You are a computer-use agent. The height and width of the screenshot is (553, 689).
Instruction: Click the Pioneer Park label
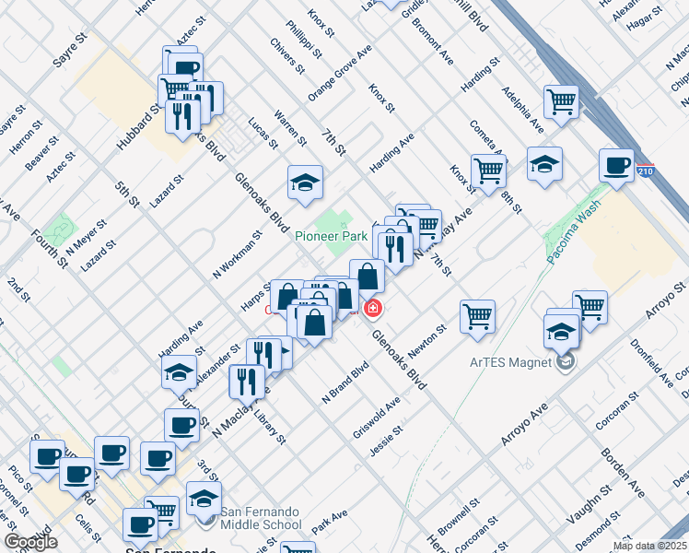(x=332, y=237)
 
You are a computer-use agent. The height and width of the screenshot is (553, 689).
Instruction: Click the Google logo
(x=31, y=542)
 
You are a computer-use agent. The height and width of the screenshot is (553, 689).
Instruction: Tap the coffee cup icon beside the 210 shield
(x=615, y=166)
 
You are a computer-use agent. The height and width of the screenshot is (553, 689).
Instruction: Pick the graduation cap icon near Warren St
(x=304, y=182)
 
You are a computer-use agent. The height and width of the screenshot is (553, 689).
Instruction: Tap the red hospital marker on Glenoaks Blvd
(x=373, y=308)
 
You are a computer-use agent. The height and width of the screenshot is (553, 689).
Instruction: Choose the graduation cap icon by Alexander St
(x=179, y=372)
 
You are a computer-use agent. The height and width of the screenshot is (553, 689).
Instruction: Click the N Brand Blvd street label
(x=344, y=382)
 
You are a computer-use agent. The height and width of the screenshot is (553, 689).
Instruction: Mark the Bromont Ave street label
(x=434, y=47)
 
